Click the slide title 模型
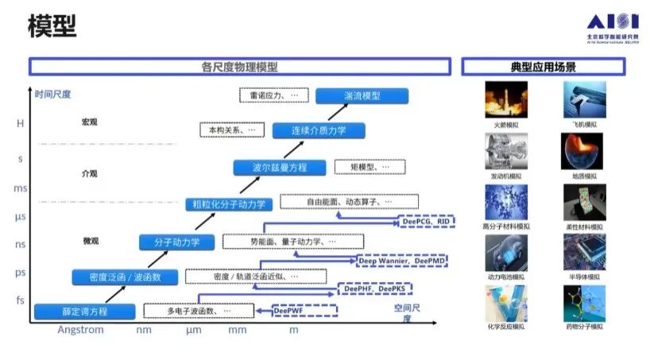pyautogui.click(x=52, y=26)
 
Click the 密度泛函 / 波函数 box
pyautogui.click(x=119, y=277)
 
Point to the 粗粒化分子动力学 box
pyautogui.click(x=229, y=204)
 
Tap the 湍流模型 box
pyautogui.click(x=362, y=96)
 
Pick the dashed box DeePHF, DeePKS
pyautogui.click(x=374, y=288)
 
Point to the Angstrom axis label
pyautogui.click(x=80, y=330)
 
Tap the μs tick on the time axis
pyautogui.click(x=21, y=216)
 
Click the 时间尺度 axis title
pyautogui.click(x=53, y=94)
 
